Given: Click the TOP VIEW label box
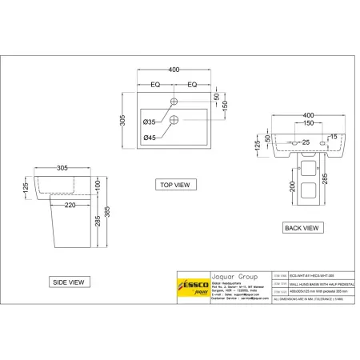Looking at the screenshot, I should (174, 184).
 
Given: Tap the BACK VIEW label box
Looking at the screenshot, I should (303, 228).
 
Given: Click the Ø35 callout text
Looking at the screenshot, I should (150, 122).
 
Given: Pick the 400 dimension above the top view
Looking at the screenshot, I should (174, 71).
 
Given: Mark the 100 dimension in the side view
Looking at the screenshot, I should (97, 184).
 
